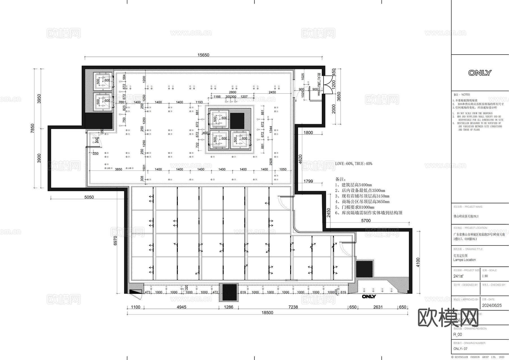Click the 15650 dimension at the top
(203, 55)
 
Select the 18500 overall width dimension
(267, 313)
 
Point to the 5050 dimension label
(89, 197)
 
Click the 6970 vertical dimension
(115, 241)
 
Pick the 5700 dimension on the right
(366, 221)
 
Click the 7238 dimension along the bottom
(293, 307)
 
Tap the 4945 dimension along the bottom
(181, 307)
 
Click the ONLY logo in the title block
(480, 73)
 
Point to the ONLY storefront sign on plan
(369, 297)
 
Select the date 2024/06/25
(492, 306)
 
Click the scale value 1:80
(485, 276)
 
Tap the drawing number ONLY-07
(460, 349)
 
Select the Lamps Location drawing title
(464, 260)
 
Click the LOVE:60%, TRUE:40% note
(353, 164)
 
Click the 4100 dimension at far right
(418, 262)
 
